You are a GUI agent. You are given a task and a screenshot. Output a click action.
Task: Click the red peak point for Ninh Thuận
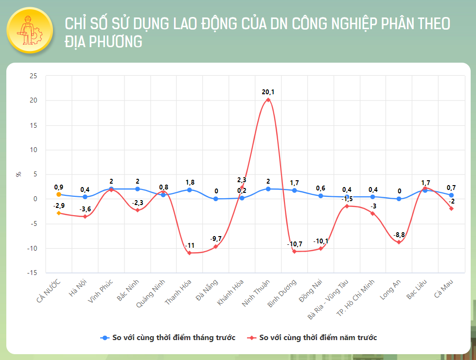tap(268, 100)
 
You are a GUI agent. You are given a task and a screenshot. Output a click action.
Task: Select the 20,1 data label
tap(268, 91)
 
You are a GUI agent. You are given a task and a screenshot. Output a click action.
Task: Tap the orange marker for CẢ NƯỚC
tap(59, 194)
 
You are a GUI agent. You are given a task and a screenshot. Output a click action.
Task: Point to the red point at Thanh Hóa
tap(190, 253)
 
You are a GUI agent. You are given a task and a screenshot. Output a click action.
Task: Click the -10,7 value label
tap(294, 243)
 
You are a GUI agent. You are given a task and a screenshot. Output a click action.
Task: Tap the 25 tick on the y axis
tap(33, 76)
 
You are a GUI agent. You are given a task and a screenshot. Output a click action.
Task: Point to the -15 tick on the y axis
tap(32, 273)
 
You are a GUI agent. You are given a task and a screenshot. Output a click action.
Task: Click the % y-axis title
tap(18, 174)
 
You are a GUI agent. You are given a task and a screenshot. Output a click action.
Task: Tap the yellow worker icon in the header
tap(30, 30)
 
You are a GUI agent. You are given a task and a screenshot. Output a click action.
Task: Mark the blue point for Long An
tap(399, 199)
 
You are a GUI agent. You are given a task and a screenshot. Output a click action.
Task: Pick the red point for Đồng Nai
tap(321, 249)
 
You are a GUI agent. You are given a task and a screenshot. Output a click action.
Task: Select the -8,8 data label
tap(399, 235)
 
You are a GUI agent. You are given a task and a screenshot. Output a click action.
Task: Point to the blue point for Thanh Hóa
tap(190, 190)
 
